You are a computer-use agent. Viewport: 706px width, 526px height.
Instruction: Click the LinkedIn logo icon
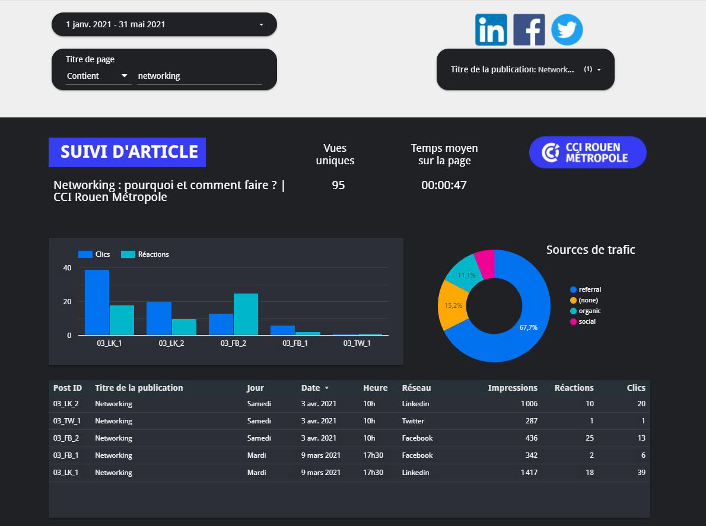tap(491, 30)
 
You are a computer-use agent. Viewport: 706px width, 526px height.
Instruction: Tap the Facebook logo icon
tap(529, 30)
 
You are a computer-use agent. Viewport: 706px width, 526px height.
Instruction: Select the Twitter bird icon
tap(567, 30)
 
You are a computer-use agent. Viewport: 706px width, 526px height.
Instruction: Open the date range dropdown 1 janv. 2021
tap(164, 24)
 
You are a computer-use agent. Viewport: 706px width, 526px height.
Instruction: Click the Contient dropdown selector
tap(98, 76)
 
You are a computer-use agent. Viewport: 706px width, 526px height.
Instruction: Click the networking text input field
tap(199, 76)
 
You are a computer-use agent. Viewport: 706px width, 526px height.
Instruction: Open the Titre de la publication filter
tap(526, 69)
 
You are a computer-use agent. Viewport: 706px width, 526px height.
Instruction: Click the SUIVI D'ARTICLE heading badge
tap(128, 152)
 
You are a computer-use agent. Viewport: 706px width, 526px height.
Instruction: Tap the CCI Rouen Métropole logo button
tap(587, 152)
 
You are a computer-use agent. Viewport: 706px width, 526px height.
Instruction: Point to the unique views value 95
tap(338, 185)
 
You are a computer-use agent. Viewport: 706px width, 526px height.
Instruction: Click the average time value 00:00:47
tap(444, 185)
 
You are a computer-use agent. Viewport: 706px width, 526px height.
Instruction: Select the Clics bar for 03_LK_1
tap(97, 302)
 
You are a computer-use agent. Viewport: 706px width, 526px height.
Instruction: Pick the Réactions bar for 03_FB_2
tap(246, 314)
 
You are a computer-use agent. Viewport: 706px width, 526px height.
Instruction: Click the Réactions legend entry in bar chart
tap(145, 254)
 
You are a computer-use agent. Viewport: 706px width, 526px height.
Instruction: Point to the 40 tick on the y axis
tap(67, 268)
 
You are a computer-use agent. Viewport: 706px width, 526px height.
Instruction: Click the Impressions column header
tap(513, 388)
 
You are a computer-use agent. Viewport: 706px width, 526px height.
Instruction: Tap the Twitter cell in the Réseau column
tap(413, 421)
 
